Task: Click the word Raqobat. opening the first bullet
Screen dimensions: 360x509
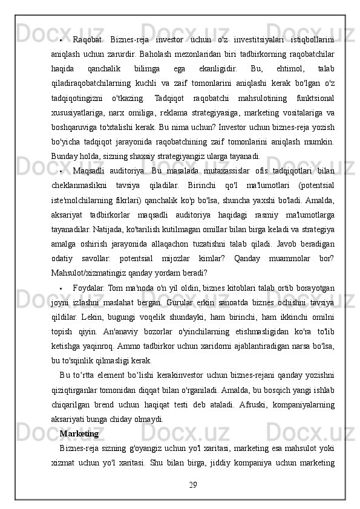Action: (x=88, y=40)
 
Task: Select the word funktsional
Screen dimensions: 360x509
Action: (x=314, y=98)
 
